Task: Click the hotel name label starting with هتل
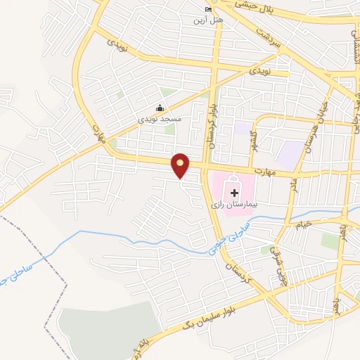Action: pos(209,20)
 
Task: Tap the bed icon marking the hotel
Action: pos(207,9)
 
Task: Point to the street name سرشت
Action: pos(268,39)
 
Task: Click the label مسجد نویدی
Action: pos(159,120)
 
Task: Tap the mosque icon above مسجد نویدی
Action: pos(160,108)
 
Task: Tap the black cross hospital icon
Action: pos(234,192)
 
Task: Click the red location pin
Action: pos(181,165)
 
